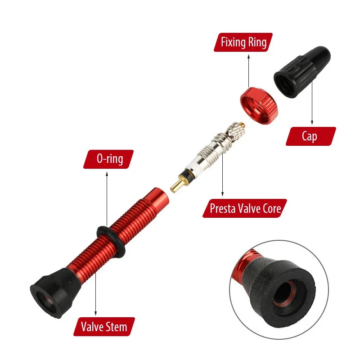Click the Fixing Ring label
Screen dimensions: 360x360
(243, 43)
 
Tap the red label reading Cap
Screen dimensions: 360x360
(310, 136)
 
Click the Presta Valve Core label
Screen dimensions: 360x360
(245, 208)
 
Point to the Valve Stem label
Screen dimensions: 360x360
(104, 325)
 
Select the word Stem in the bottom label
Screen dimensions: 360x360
(116, 325)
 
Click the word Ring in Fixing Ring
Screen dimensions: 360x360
(257, 43)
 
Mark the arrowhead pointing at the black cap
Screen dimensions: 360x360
(312, 121)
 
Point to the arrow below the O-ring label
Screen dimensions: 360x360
(107, 198)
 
